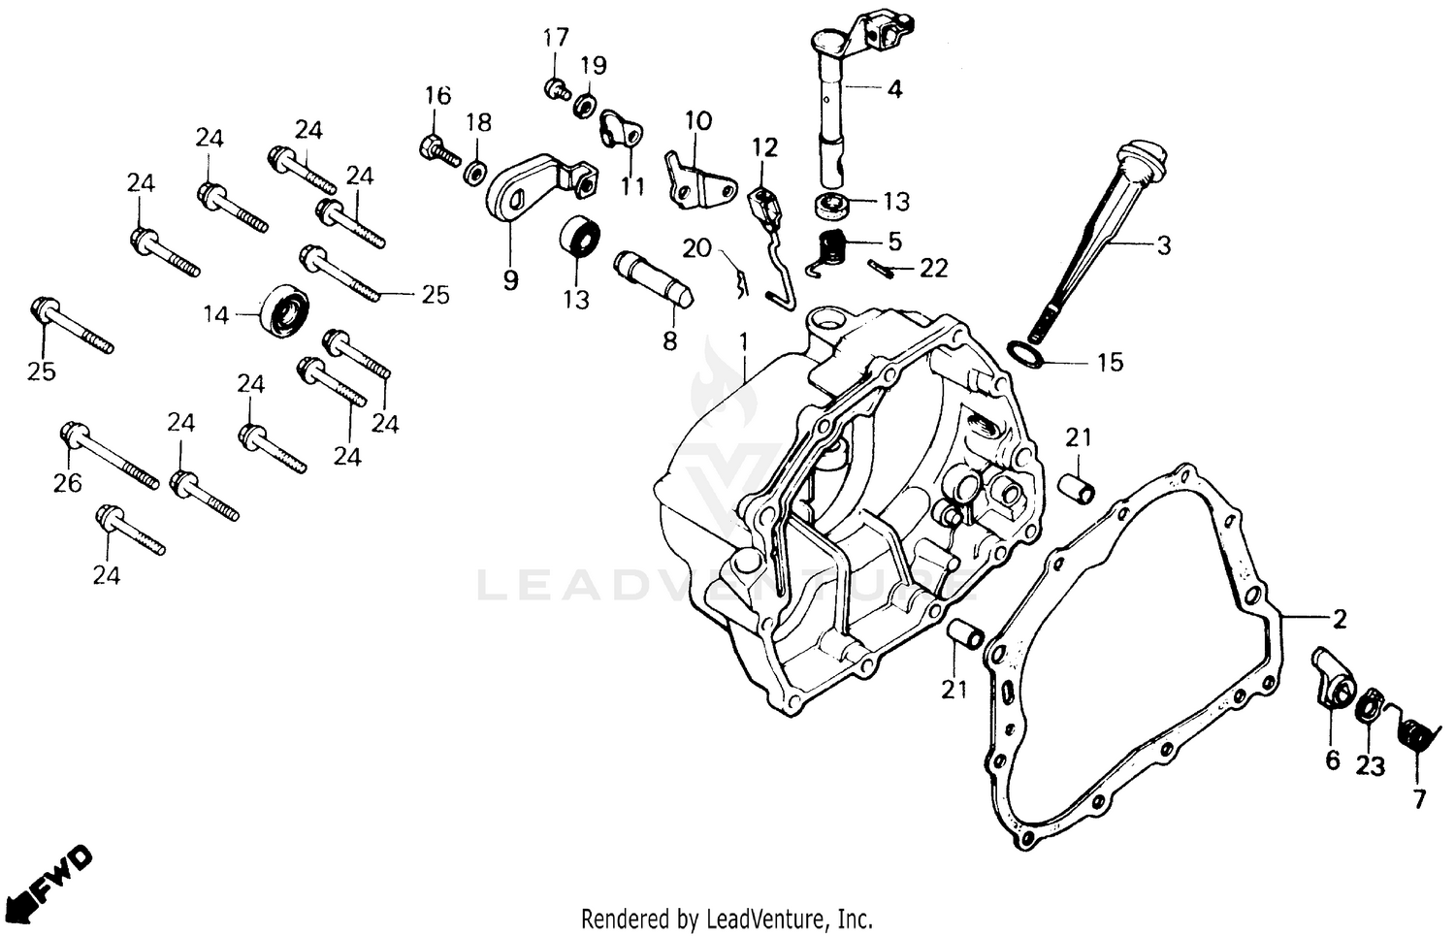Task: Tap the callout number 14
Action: tap(215, 314)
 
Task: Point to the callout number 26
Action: tap(67, 482)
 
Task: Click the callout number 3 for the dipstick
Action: tap(1163, 245)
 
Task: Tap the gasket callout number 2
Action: tap(1339, 618)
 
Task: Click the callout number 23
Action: tap(1370, 766)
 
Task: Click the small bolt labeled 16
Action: tap(438, 151)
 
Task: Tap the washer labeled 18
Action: tap(476, 172)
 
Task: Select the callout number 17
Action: tap(555, 38)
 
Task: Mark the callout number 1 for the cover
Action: tap(744, 340)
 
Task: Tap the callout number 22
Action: tap(933, 268)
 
